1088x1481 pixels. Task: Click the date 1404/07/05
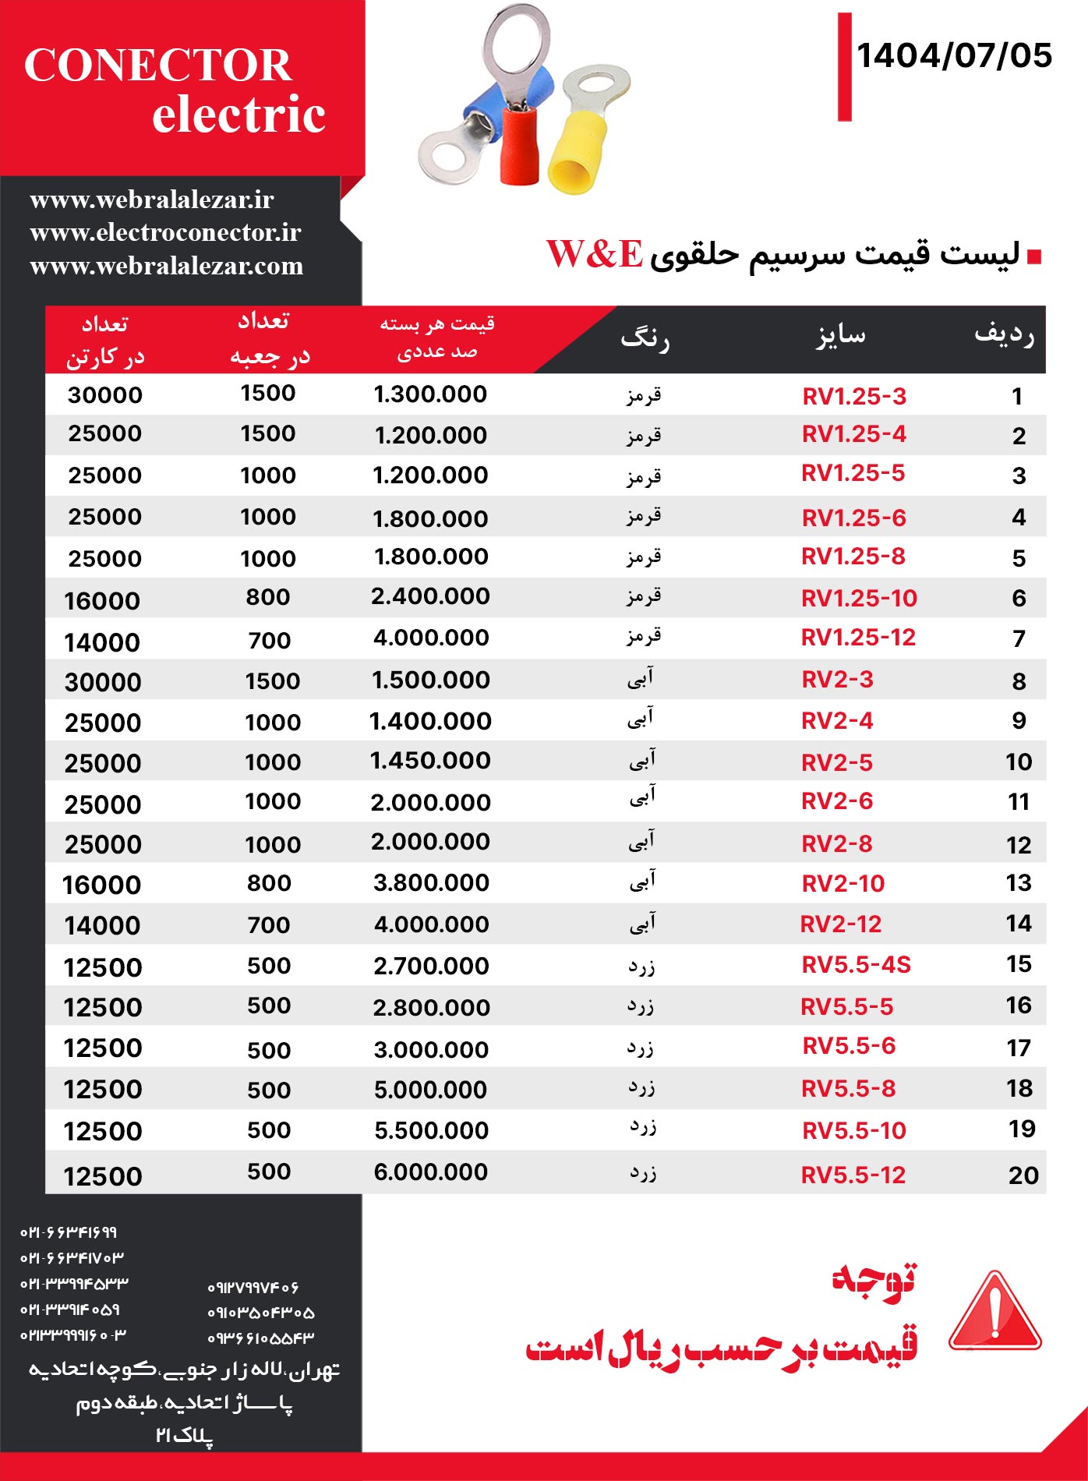954,56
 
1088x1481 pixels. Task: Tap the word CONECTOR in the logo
158,65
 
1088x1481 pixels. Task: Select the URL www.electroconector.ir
165,233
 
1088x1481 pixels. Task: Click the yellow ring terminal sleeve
578,153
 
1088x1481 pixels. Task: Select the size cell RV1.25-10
859,599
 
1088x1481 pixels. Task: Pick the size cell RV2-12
841,924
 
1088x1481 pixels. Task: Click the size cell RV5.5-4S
856,965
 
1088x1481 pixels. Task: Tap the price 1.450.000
430,761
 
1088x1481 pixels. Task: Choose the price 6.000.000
431,1172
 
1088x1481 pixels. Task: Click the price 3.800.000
431,883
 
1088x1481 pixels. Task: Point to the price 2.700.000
431,967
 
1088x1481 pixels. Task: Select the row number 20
1023,1175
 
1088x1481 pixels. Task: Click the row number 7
1019,639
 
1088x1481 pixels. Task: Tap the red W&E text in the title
595,254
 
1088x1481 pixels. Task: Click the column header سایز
841,337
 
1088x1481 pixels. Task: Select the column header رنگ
645,340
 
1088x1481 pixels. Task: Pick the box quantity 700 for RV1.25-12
270,641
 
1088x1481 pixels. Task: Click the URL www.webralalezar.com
167,267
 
